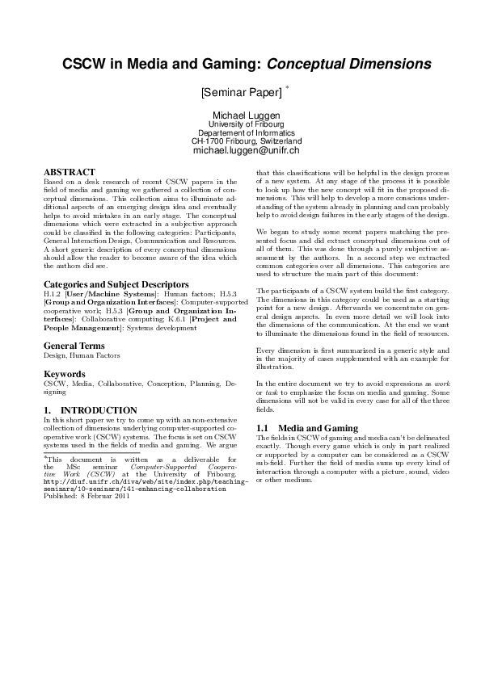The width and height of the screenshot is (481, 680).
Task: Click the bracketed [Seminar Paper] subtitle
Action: point(242,91)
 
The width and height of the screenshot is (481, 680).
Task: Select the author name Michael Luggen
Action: point(246,115)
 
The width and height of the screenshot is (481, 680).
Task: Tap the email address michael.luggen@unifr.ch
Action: point(246,150)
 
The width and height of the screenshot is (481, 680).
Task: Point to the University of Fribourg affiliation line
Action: point(246,124)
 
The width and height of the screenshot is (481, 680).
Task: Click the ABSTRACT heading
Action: point(69,172)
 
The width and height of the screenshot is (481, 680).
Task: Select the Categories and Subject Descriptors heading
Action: point(116,284)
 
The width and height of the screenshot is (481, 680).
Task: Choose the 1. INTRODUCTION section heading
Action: point(90,410)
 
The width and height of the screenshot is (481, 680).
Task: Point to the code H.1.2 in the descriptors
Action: point(53,294)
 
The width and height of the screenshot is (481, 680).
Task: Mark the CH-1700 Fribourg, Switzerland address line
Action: point(246,141)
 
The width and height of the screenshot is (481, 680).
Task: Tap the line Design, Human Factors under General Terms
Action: point(82,355)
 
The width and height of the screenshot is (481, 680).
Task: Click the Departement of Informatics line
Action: point(246,132)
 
